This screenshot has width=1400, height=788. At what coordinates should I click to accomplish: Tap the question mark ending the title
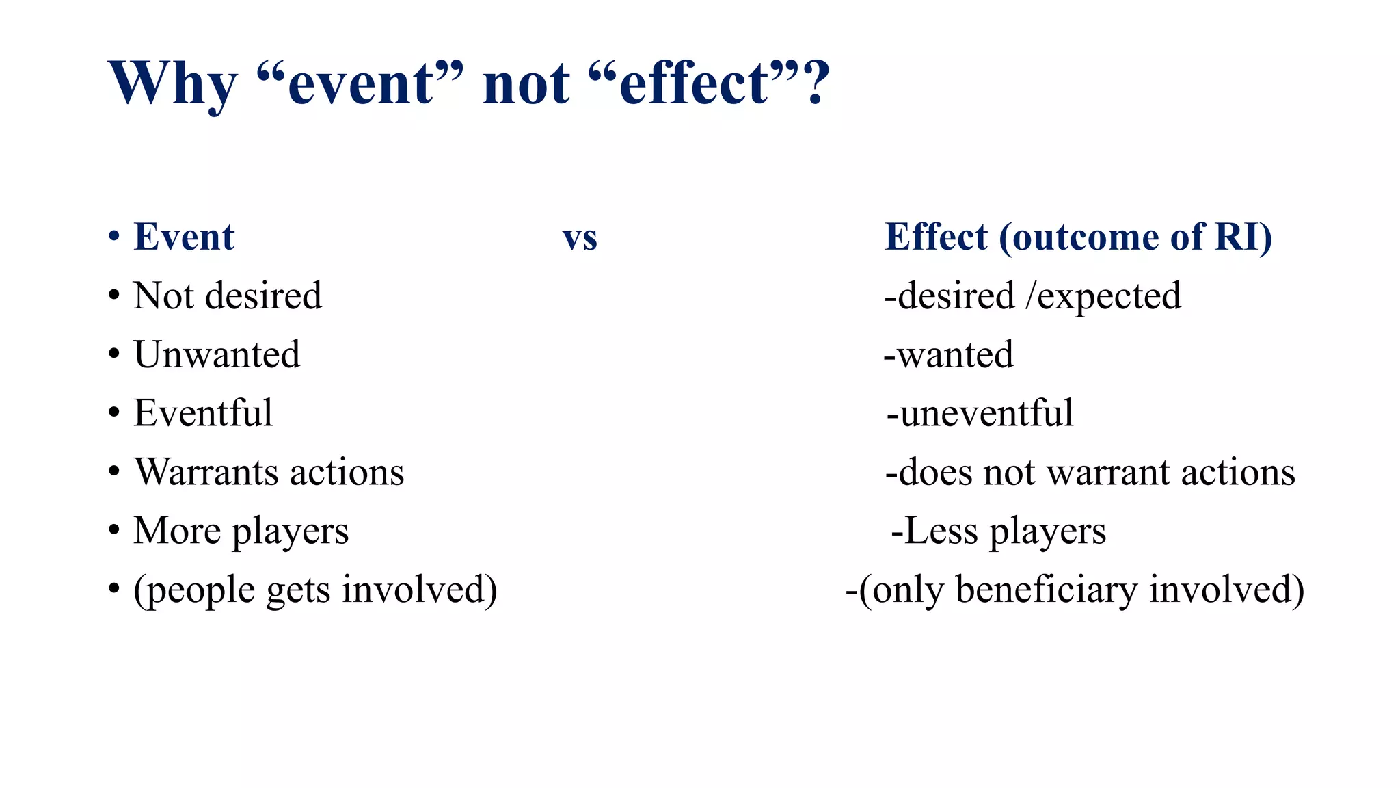click(817, 82)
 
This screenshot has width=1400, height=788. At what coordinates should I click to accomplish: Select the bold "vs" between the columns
click(580, 239)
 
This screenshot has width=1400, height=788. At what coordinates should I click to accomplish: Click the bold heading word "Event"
click(184, 237)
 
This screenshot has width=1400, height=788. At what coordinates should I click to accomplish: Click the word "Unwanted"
click(217, 354)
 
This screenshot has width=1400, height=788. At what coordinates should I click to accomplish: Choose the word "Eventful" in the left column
click(203, 413)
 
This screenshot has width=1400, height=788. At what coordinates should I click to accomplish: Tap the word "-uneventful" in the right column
click(980, 413)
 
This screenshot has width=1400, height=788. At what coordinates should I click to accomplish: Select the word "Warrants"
click(197, 472)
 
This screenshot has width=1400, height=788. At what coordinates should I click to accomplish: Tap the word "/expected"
click(1103, 297)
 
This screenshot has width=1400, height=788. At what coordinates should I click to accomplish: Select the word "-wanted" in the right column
click(949, 354)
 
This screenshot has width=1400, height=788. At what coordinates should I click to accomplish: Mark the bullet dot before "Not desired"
click(114, 296)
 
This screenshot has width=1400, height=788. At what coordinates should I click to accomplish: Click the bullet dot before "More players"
click(114, 531)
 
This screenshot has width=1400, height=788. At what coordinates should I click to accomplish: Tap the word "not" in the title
click(526, 83)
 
